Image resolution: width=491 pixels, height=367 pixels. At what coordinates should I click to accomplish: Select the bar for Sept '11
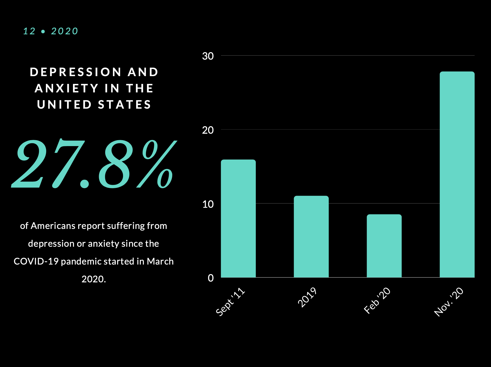238,219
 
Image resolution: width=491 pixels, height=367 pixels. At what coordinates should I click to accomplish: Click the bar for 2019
311,237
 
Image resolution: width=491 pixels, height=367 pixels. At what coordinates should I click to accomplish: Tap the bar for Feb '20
384,246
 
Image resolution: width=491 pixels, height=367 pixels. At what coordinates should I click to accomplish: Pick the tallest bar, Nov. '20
457,174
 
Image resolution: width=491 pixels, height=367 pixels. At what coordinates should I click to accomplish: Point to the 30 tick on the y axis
208,56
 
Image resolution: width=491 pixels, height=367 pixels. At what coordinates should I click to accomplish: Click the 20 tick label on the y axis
208,130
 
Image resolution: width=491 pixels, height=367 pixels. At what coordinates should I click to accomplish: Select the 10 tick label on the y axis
208,204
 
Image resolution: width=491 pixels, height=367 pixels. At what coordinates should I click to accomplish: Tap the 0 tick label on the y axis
211,278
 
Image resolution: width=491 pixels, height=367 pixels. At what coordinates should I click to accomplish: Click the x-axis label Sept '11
230,301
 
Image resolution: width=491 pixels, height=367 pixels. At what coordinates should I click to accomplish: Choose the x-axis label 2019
307,297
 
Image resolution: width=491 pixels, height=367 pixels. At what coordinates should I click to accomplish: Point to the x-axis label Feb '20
377,300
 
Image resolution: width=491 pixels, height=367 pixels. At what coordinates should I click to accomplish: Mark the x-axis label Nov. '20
449,302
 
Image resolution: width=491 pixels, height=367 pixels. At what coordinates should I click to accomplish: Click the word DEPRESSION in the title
76,72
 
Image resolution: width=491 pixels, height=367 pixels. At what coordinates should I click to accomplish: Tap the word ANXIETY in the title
67,88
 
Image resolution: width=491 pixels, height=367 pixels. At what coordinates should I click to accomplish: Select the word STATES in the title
125,105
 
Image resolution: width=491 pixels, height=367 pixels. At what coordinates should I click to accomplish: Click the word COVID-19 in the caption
36,261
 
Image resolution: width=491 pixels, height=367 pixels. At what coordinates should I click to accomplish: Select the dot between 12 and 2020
43,31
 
